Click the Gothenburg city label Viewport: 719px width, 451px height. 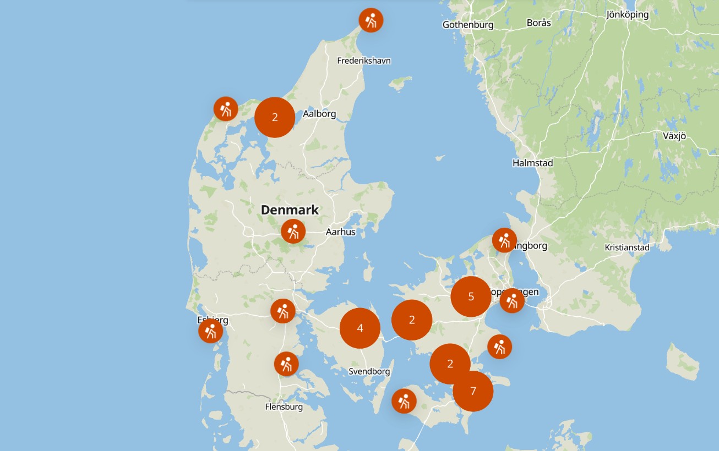(468, 25)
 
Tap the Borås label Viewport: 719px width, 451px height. (538, 23)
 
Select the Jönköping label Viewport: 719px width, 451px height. (627, 15)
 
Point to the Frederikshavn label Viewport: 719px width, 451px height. (364, 61)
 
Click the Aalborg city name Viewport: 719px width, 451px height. (319, 114)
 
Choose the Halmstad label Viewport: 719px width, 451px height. (532, 163)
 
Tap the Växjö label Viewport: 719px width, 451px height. (674, 136)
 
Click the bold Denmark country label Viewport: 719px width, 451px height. (290, 210)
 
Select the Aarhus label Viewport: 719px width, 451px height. (341, 232)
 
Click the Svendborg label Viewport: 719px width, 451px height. (369, 371)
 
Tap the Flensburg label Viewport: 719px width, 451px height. (284, 407)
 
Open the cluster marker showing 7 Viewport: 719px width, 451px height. (473, 391)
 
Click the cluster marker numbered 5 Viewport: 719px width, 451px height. (471, 297)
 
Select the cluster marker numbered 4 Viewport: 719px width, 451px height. (360, 328)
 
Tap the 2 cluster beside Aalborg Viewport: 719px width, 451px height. (275, 117)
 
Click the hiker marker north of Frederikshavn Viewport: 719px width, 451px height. (371, 20)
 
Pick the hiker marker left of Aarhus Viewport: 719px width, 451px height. (293, 231)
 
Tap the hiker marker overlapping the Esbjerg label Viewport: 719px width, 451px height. (211, 331)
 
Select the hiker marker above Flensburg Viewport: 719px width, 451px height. (286, 364)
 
